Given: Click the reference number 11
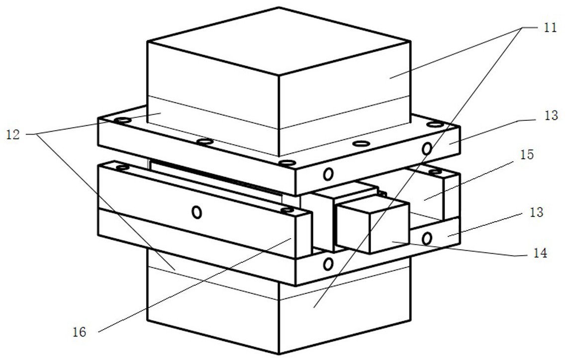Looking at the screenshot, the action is point(550,27).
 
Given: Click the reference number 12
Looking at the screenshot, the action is point(12,135).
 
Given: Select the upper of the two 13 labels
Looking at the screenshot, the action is point(551,115).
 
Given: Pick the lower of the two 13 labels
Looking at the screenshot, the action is point(537,212).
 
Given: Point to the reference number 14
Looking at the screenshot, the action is point(539,253).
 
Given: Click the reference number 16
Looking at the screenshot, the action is point(80,332).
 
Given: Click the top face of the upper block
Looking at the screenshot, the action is point(279,41).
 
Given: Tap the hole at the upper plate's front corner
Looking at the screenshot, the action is point(287,163).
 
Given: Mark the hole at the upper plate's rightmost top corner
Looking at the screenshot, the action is point(435,125).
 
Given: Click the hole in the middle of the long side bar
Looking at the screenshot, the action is point(196,212).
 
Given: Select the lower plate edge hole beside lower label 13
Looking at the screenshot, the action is point(427,239).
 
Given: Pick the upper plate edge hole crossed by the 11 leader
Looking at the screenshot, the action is point(427,148).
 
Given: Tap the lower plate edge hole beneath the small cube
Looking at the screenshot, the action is point(328,264).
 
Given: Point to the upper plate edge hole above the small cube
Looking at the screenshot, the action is point(328,174).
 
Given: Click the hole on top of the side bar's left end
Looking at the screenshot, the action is point(122,168).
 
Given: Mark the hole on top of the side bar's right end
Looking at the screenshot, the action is point(287,210).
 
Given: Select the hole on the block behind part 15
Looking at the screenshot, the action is point(435,172).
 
